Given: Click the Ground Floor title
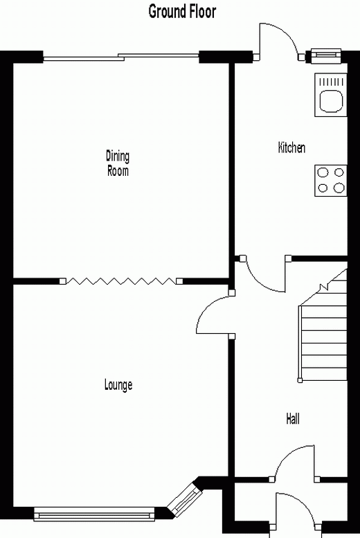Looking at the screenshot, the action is [182, 12].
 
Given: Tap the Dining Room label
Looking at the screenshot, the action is [118, 163].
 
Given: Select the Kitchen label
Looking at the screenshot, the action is [291, 147].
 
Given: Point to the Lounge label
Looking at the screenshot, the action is [118, 384].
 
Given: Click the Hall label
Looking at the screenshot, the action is [293, 419].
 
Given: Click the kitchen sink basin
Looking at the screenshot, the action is [331, 101].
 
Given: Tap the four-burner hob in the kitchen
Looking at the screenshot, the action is [331, 181].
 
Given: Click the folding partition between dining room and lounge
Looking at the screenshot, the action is [121, 281].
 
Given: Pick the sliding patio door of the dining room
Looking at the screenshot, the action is [120, 57].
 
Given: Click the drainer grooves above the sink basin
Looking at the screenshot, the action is [331, 82].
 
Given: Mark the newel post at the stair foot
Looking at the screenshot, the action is [300, 380].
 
